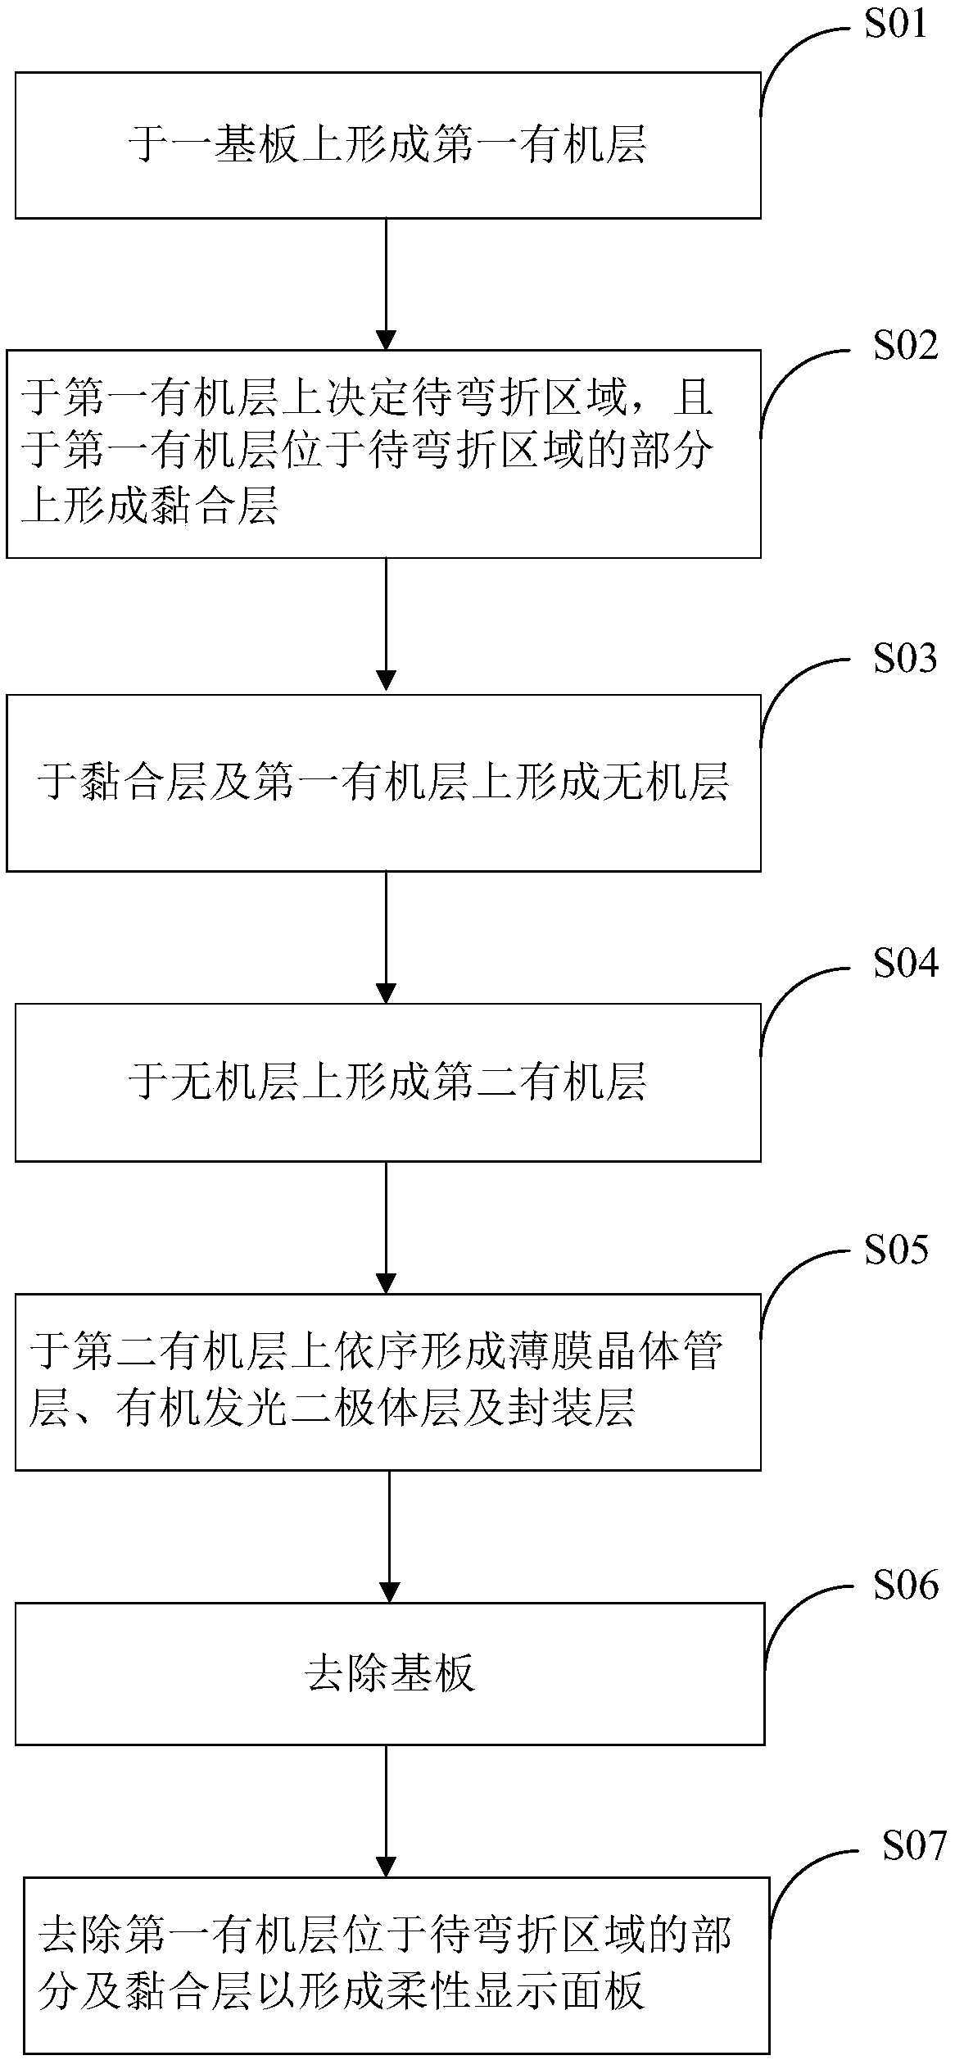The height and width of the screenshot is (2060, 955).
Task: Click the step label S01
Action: [x=895, y=25]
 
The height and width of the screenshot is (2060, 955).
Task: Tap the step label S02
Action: [x=904, y=346]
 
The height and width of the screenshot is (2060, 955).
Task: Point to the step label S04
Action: [x=904, y=964]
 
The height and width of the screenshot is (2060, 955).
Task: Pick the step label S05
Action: [x=896, y=1250]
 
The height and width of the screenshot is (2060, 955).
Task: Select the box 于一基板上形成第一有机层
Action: [x=387, y=145]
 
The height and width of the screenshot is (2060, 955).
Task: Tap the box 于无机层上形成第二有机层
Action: [x=387, y=1082]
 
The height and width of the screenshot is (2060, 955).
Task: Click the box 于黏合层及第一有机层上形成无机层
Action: [x=383, y=783]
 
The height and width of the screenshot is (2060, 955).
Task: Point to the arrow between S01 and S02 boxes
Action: [x=385, y=284]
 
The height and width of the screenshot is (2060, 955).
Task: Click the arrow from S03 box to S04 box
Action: [x=385, y=937]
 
